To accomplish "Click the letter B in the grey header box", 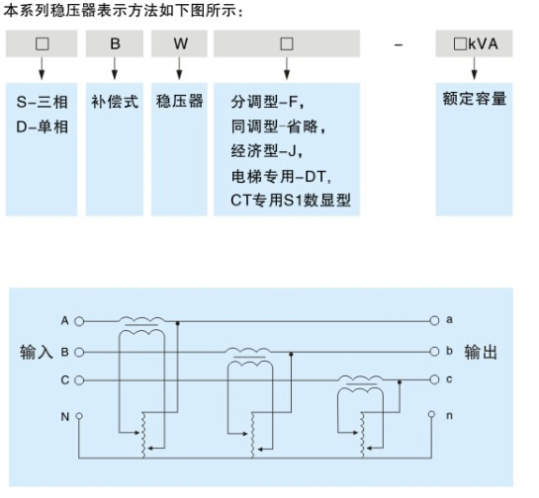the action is click(x=115, y=43).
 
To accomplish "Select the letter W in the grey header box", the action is click(x=180, y=43).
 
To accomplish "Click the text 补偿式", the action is click(x=115, y=102).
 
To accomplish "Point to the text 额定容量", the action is click(x=475, y=99).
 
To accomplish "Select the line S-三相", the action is click(x=42, y=102).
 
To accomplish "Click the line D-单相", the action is click(x=42, y=126).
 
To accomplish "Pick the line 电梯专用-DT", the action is click(x=281, y=177).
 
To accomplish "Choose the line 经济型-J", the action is click(x=267, y=151).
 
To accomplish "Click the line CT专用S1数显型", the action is click(x=291, y=201).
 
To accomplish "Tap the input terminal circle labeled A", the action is click(x=79, y=321).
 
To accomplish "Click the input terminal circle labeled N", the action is click(x=79, y=416).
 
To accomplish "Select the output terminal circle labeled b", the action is click(x=434, y=352).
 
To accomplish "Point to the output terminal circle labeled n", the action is click(x=431, y=414).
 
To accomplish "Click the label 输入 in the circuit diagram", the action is click(x=36, y=352).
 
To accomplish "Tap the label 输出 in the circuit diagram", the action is click(x=481, y=352).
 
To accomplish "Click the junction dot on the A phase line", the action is click(x=177, y=323).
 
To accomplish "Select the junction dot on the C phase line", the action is click(x=400, y=382).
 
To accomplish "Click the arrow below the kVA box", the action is click(x=475, y=68).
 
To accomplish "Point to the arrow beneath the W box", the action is click(x=179, y=68).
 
